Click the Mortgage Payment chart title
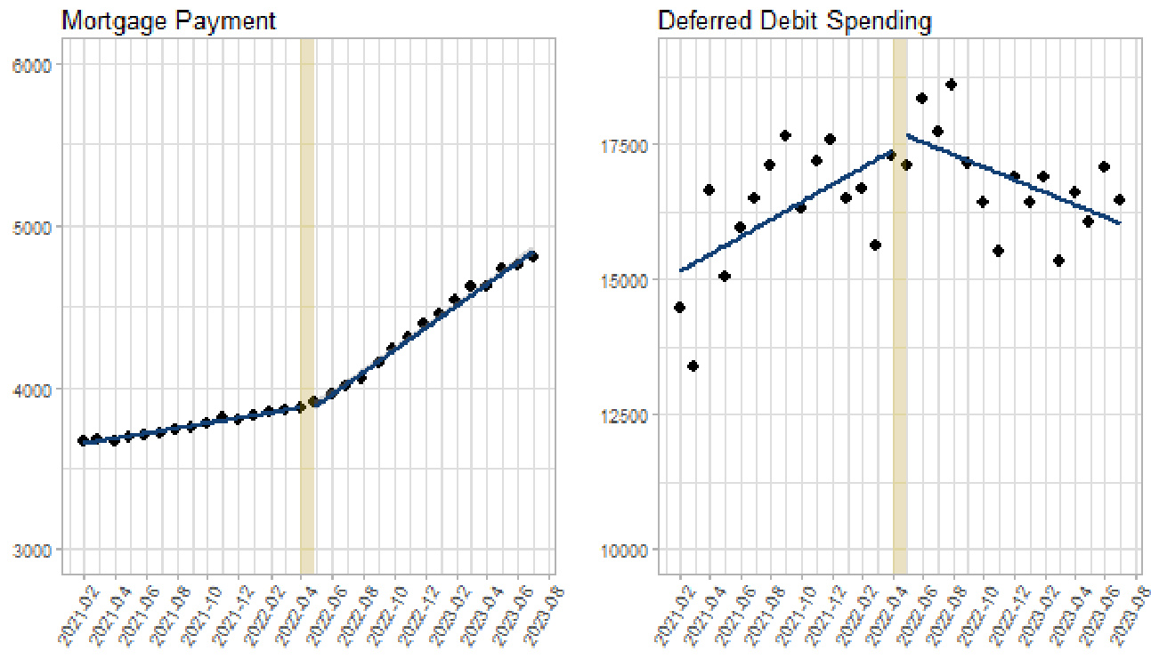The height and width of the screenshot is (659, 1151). click(168, 20)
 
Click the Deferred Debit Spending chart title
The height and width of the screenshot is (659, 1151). click(794, 20)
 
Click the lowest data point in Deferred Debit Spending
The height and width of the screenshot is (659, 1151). click(693, 366)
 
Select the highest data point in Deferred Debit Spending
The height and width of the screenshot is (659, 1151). click(952, 84)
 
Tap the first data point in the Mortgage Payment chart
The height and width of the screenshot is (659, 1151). click(84, 440)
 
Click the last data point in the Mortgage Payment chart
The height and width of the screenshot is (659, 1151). click(533, 256)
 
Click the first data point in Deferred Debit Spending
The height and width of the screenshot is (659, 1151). click(679, 307)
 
